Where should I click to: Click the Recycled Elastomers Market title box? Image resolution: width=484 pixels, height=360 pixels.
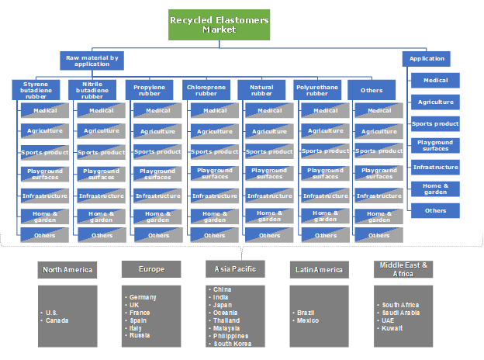click(219, 24)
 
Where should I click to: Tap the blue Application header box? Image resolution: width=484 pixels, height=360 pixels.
click(427, 58)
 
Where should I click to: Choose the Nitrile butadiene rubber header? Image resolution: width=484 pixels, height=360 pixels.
click(92, 90)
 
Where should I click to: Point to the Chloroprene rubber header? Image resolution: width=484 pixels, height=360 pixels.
click(206, 90)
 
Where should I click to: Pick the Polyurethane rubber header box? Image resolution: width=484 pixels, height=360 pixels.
click(317, 90)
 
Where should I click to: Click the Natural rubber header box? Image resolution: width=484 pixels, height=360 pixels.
click(261, 90)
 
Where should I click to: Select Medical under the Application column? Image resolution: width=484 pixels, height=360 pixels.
click(435, 80)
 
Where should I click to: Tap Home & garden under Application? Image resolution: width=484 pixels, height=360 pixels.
click(435, 189)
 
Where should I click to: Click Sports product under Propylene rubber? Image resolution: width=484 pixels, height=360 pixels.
click(158, 152)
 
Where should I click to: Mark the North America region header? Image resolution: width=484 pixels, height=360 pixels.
click(67, 270)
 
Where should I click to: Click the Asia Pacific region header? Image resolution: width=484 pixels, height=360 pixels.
click(236, 269)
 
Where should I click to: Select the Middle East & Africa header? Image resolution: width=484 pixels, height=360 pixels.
click(403, 269)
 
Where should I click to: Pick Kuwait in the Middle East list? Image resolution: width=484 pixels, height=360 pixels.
click(391, 328)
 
